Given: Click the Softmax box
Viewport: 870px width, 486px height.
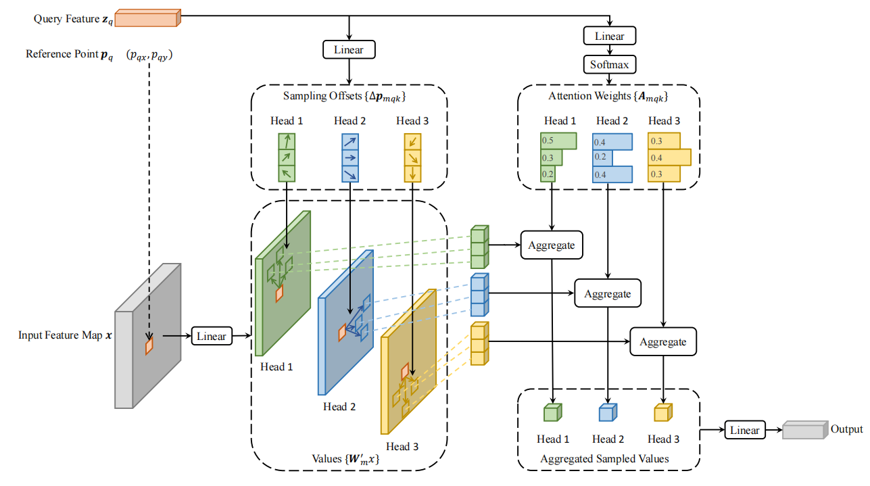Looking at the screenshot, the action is tap(609, 64).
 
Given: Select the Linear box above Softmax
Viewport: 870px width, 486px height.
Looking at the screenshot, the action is tap(609, 36).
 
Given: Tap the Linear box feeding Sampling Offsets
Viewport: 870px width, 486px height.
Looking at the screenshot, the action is tap(349, 50).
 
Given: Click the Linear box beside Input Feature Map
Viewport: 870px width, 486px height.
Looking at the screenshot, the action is tap(212, 336).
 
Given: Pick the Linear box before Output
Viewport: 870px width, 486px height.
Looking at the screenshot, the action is tap(745, 430).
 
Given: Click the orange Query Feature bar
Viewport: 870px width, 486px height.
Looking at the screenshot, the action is tap(147, 18).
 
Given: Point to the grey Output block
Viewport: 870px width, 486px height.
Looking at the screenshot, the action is tap(805, 430).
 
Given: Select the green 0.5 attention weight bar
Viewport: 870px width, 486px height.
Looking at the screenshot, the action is tap(558, 141).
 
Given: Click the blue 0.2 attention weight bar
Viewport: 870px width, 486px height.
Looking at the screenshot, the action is tap(602, 157).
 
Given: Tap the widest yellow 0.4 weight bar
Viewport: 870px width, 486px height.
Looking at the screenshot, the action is tap(670, 157).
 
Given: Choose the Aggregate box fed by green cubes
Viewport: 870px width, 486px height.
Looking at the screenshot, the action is tap(552, 245).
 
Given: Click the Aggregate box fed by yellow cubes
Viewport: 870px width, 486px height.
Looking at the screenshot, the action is tap(663, 341).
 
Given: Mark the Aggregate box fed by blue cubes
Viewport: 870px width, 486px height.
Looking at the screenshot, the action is tap(608, 293).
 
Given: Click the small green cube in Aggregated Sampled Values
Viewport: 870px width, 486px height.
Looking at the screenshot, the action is tap(553, 412).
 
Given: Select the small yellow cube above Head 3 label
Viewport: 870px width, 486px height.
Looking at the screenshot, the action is tap(663, 412).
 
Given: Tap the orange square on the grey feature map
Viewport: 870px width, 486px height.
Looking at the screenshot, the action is tap(149, 346).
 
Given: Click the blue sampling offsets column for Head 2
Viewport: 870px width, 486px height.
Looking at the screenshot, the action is tap(350, 157).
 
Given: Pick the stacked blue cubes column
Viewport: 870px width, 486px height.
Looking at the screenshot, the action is tap(480, 295).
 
